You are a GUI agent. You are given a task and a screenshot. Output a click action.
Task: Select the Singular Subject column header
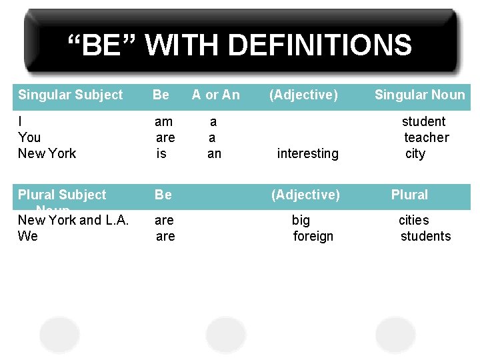click(70, 95)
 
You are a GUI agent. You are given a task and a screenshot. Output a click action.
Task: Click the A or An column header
click(215, 95)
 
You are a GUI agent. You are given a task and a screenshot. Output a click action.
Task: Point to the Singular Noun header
click(419, 95)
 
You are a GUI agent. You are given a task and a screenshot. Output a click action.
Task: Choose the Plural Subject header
click(62, 195)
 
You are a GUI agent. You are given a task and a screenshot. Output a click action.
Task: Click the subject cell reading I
click(21, 121)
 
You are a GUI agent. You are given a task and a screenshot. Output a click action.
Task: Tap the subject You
click(29, 137)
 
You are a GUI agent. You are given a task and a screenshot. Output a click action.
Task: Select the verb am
click(163, 121)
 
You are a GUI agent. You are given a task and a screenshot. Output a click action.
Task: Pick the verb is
click(161, 153)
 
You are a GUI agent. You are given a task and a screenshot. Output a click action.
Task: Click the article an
click(214, 153)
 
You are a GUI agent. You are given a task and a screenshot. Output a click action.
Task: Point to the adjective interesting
click(307, 153)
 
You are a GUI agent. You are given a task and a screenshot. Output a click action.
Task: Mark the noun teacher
click(426, 137)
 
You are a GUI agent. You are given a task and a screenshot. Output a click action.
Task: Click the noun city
click(415, 153)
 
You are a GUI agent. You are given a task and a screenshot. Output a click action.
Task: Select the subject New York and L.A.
click(73, 220)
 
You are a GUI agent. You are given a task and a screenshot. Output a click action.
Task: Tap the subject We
click(28, 236)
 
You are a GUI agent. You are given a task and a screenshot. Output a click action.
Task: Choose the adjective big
click(301, 220)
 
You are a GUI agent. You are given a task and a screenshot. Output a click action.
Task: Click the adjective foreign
click(313, 236)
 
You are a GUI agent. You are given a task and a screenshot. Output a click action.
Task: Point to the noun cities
click(413, 220)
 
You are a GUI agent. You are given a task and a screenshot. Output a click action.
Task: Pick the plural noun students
click(425, 236)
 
